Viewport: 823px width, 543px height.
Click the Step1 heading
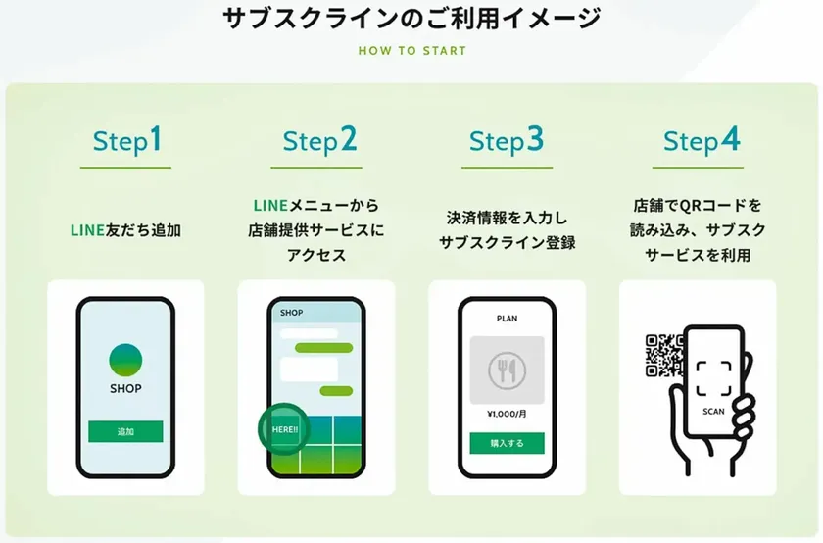click(126, 141)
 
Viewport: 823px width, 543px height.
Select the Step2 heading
click(319, 141)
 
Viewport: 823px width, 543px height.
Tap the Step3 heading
click(506, 141)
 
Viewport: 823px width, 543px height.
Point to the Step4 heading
click(702, 141)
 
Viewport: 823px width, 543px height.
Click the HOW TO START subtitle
click(412, 51)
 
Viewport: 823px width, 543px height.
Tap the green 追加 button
click(125, 431)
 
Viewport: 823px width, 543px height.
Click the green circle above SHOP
click(125, 361)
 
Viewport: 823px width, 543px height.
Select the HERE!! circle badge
click(284, 429)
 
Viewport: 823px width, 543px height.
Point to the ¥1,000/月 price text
click(507, 414)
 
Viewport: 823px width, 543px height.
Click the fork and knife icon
click(507, 370)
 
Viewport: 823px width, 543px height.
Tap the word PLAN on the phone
click(507, 319)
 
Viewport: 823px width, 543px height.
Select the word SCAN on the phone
click(713, 412)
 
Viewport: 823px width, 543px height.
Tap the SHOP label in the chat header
click(291, 313)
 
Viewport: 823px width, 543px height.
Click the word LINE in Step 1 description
click(87, 230)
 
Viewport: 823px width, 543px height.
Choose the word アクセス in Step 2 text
click(316, 255)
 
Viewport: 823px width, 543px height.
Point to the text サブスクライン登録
click(507, 242)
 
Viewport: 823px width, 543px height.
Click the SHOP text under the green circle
click(125, 388)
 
